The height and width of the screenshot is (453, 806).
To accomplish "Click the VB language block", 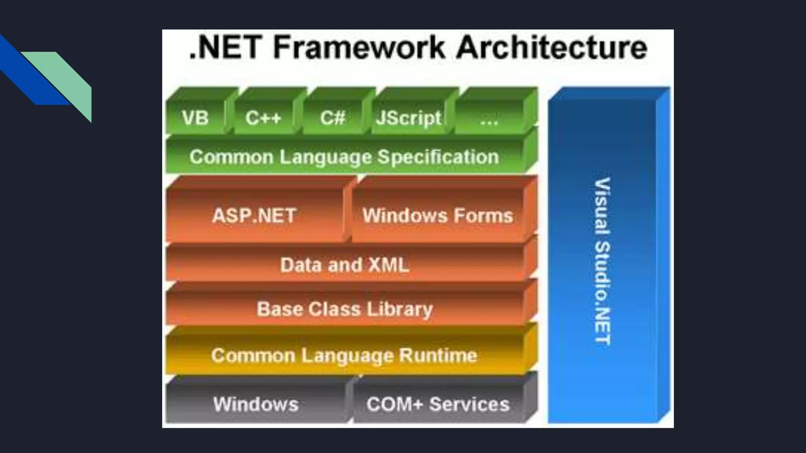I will [x=195, y=117].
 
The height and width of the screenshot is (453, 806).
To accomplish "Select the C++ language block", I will [x=263, y=117].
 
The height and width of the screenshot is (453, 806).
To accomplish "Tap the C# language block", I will [x=333, y=117].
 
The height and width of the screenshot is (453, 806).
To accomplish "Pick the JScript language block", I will [x=409, y=117].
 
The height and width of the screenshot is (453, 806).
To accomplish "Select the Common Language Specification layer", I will [x=344, y=157].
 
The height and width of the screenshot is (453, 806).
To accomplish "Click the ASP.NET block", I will [x=254, y=215].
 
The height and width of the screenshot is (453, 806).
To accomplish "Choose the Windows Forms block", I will [x=438, y=215].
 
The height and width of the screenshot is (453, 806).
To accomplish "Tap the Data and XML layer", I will [x=345, y=265].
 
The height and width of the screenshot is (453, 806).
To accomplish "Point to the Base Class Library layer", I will [x=345, y=309].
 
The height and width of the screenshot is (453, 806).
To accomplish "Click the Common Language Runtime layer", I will [x=344, y=355].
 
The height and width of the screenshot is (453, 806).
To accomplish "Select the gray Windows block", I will [x=256, y=404].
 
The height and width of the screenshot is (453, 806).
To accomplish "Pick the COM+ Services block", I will [x=438, y=404].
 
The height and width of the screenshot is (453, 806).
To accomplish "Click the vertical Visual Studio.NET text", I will [x=602, y=261].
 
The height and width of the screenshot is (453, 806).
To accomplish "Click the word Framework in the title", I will [x=359, y=47].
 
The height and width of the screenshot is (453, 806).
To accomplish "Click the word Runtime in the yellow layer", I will [x=438, y=355].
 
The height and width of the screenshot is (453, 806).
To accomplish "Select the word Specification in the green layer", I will [x=438, y=157].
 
